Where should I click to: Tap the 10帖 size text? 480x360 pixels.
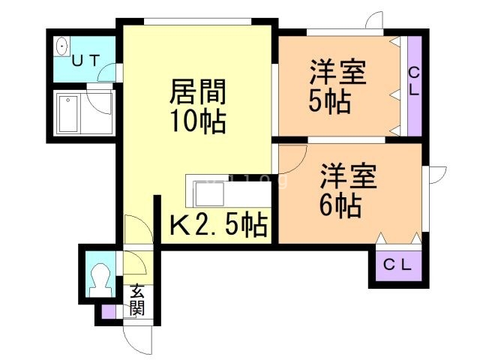pyautogui.click(x=197, y=121)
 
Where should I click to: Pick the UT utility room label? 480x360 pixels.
pyautogui.click(x=85, y=61)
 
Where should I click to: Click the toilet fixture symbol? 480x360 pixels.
pyautogui.click(x=98, y=278)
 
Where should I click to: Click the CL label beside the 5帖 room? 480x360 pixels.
pyautogui.click(x=414, y=81)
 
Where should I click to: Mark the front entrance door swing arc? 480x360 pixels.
pyautogui.click(x=135, y=341)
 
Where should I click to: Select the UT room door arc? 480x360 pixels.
pyautogui.click(x=108, y=74)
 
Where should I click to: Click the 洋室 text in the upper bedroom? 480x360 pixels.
pyautogui.click(x=338, y=75)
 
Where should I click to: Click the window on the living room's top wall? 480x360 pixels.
pyautogui.click(x=198, y=22)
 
